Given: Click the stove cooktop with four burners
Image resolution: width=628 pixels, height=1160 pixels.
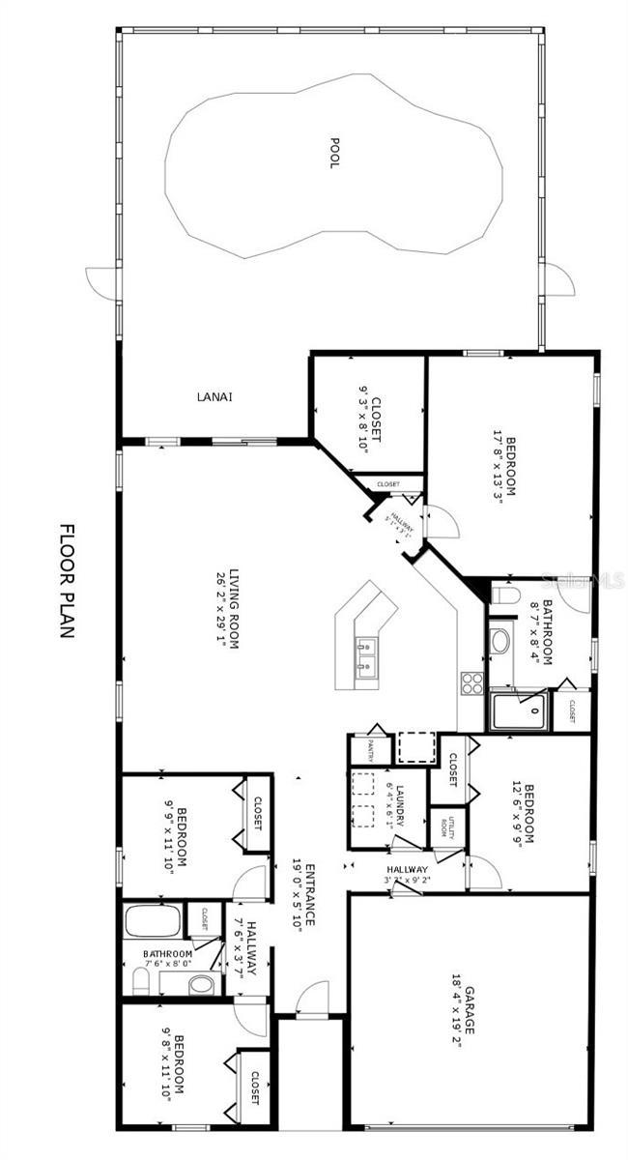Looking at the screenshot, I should click(471, 683).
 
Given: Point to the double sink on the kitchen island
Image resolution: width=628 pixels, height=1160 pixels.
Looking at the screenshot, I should click(366, 656).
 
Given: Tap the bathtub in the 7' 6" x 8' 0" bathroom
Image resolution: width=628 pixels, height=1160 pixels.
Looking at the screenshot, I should click(153, 920).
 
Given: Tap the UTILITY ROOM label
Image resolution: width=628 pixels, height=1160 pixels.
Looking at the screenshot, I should click(446, 826).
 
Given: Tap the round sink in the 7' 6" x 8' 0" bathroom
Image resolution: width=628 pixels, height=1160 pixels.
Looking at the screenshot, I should click(201, 984).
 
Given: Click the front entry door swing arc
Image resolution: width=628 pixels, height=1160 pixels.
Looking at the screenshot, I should click(310, 995).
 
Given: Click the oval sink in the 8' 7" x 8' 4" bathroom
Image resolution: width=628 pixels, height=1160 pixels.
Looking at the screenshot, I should click(501, 641).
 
